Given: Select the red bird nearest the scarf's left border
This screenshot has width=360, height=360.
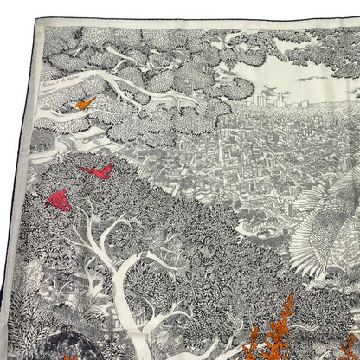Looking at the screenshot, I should click(x=59, y=201).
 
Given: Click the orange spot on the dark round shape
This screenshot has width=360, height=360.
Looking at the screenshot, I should click(x=43, y=350).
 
